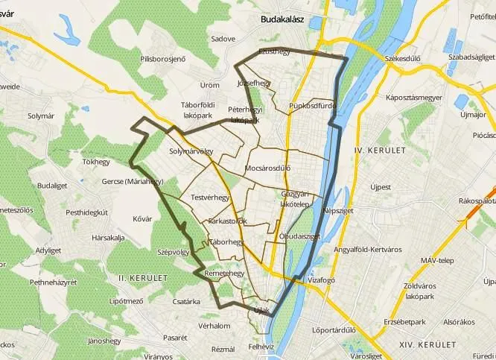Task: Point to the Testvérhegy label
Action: coord(209,198)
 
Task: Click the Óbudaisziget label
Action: coord(299,236)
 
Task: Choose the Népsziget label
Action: coord(337,211)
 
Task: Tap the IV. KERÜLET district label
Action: coord(380,150)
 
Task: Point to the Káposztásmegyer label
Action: coord(414,98)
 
